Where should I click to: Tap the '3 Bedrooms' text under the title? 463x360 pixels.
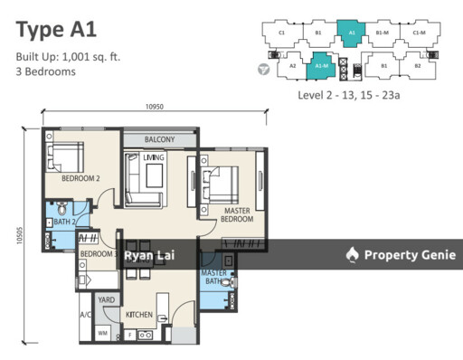[45, 72]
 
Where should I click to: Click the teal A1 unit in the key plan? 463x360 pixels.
[351, 33]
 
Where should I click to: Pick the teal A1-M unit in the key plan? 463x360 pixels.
[320, 65]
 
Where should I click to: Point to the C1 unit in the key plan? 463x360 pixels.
[282, 33]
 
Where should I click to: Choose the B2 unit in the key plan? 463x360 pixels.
[418, 65]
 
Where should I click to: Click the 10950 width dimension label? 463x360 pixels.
[154, 108]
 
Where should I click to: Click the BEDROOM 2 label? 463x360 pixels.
[80, 178]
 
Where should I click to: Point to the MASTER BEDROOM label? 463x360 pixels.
[236, 214]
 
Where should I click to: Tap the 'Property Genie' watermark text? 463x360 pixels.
[407, 255]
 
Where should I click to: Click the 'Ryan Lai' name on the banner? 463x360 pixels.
[149, 255]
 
